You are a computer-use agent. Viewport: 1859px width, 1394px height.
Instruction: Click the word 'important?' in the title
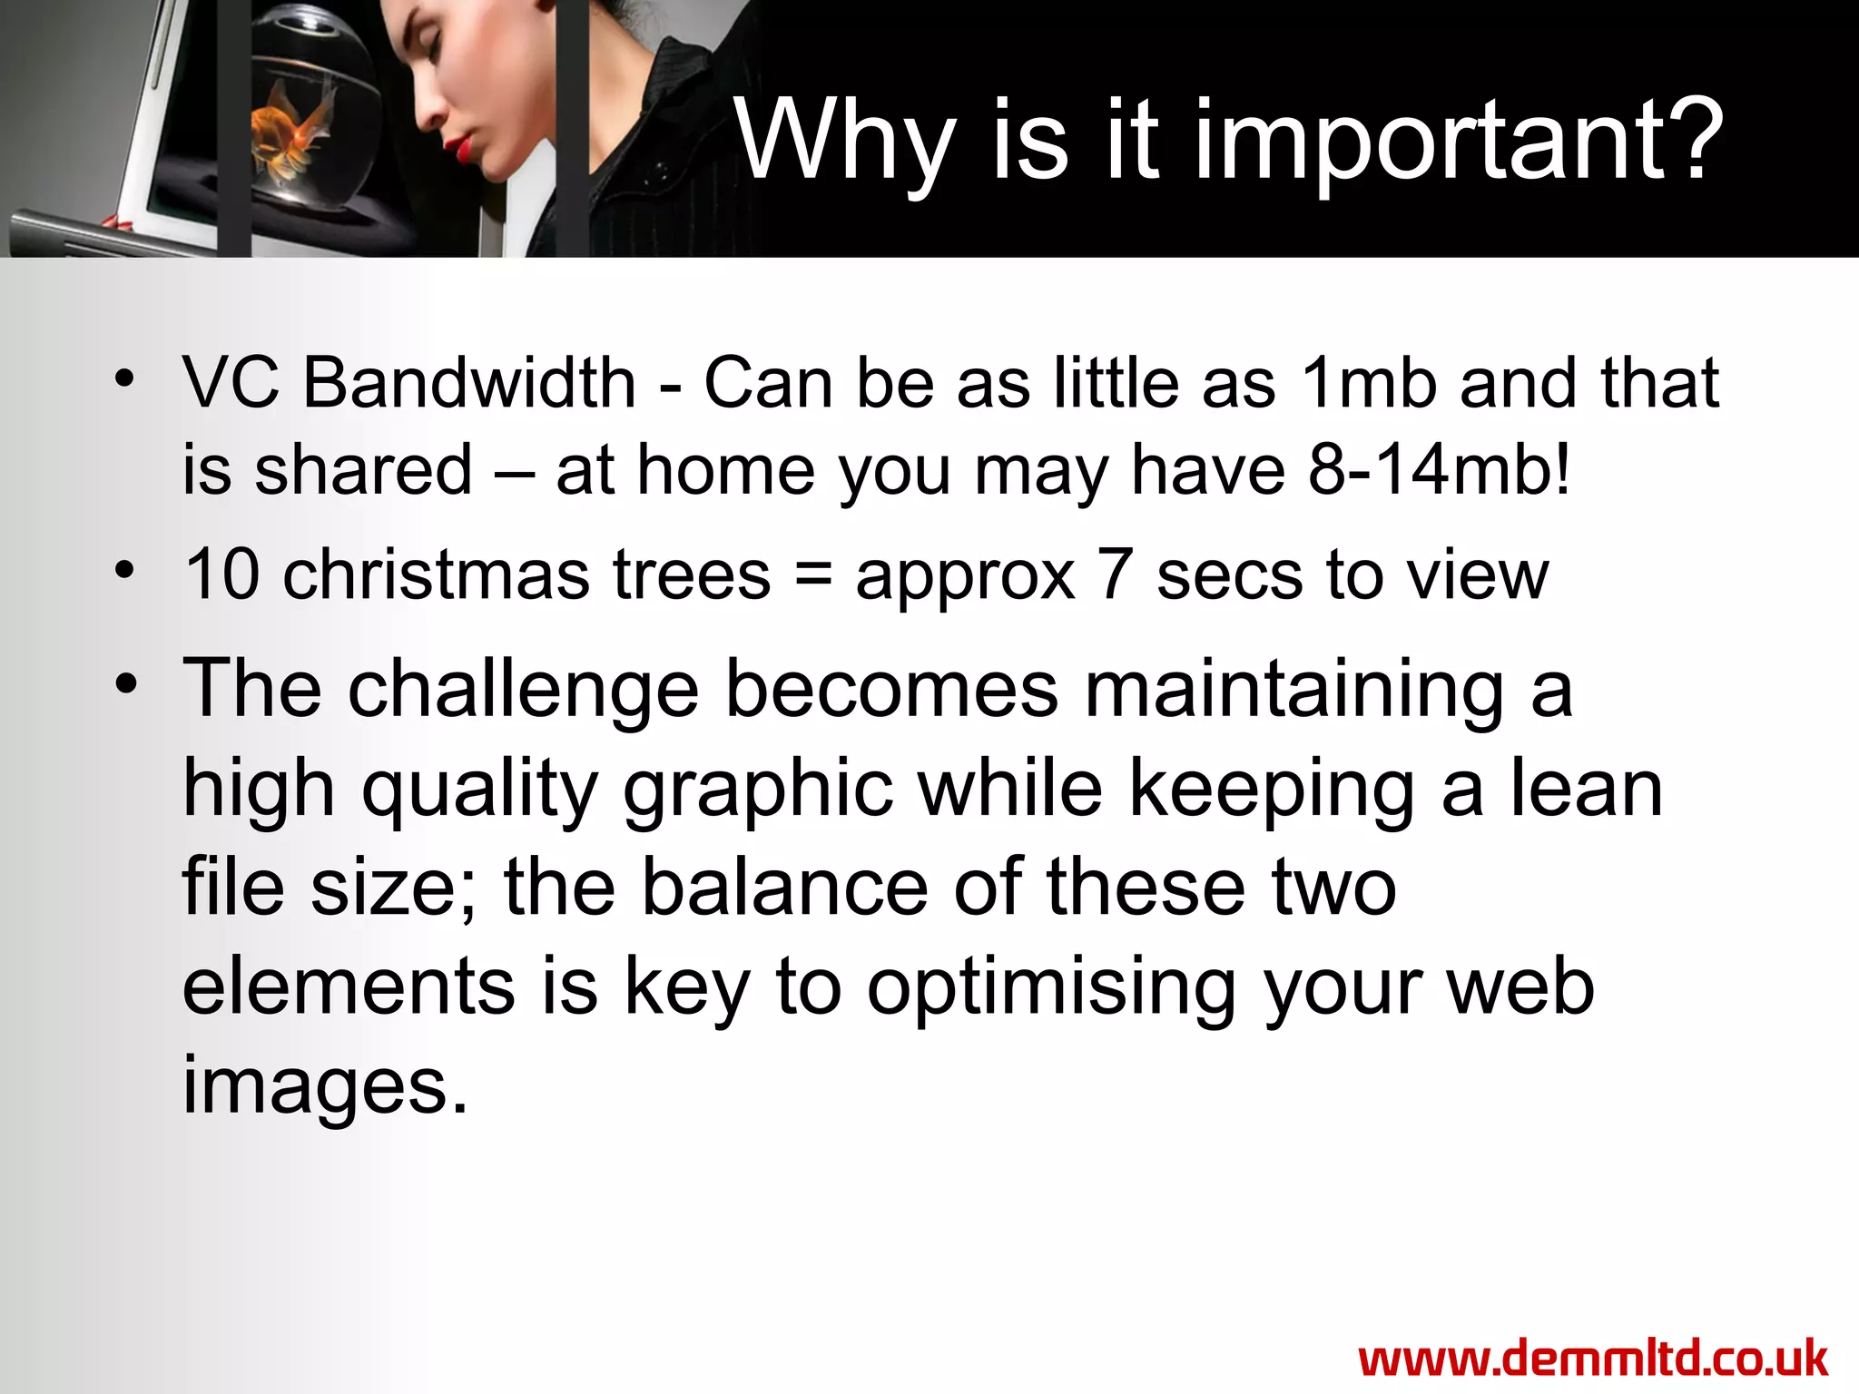coord(1458,143)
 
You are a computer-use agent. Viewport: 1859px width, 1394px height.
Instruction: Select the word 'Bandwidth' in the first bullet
coord(468,383)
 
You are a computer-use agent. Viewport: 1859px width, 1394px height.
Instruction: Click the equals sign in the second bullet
coord(812,576)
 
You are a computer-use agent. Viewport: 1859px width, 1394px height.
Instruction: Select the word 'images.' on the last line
coord(325,1086)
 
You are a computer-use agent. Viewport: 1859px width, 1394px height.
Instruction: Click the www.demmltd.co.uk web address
coord(1593,1360)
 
